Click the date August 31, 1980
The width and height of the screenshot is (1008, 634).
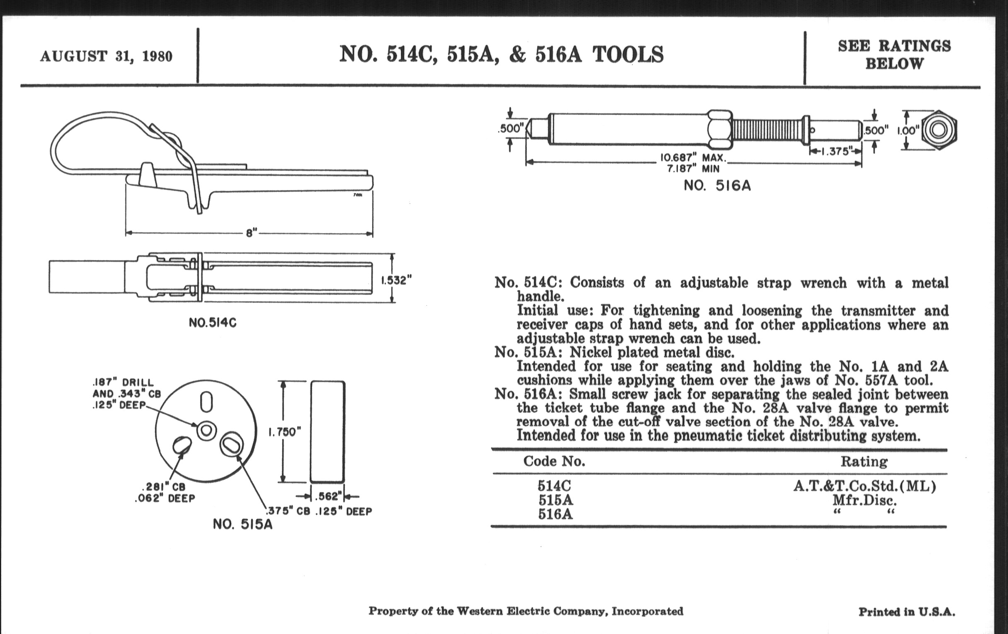106,56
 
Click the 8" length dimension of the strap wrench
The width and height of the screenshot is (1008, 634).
251,233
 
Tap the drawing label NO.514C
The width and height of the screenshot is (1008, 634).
212,323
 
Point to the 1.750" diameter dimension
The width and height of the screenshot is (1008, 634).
285,432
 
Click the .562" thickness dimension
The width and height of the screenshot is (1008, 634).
328,496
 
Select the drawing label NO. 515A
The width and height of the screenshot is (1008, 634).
242,524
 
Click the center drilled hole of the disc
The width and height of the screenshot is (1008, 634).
206,430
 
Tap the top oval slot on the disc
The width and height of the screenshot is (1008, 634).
206,402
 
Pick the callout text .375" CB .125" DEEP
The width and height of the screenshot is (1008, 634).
319,511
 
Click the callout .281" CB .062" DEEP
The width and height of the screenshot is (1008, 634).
165,493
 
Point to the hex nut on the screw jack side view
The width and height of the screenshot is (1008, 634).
720,130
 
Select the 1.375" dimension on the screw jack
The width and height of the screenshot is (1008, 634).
835,151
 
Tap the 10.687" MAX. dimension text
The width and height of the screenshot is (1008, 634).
693,158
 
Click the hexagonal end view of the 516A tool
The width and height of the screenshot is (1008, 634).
938,130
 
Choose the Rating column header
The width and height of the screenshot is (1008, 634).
864,462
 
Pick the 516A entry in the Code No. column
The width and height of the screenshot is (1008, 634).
555,513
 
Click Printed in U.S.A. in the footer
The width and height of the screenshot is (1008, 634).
907,612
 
